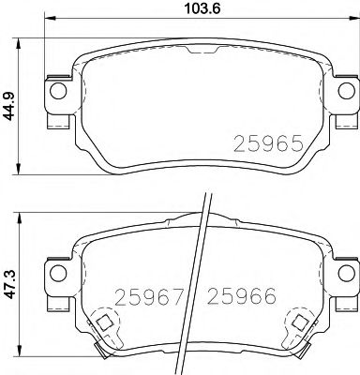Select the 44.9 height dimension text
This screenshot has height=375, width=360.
point(9,100)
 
